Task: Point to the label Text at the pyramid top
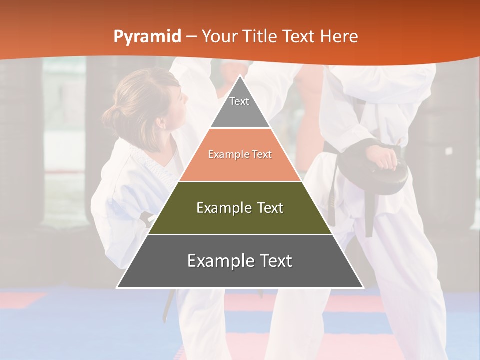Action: (239, 101)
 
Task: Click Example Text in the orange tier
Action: (240, 154)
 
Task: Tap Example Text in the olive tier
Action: (240, 208)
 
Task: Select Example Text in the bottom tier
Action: (240, 261)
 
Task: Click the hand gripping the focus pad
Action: (385, 157)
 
